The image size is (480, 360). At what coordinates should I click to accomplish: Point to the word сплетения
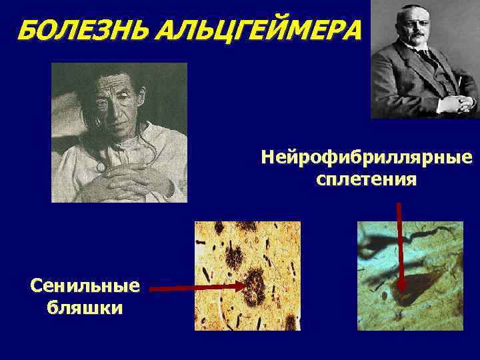[367, 179]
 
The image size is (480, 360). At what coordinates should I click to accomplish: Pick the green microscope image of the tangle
[409, 275]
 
